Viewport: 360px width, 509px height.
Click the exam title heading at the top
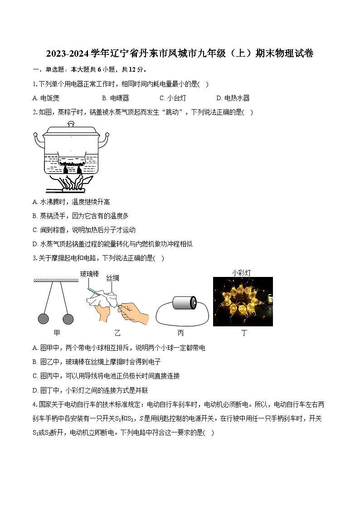[180, 54]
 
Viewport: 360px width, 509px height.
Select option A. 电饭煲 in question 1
[46, 98]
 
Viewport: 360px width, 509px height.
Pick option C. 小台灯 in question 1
[173, 98]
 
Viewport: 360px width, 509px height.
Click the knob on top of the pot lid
[71, 123]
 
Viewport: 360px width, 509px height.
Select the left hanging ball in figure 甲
[44, 319]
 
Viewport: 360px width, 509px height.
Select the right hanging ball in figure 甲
[68, 319]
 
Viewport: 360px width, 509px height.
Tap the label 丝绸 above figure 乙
[113, 278]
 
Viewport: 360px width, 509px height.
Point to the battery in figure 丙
[186, 303]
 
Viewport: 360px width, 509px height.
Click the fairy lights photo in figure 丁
[243, 301]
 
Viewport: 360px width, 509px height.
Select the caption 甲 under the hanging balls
[56, 333]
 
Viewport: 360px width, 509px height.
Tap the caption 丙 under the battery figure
[180, 333]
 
